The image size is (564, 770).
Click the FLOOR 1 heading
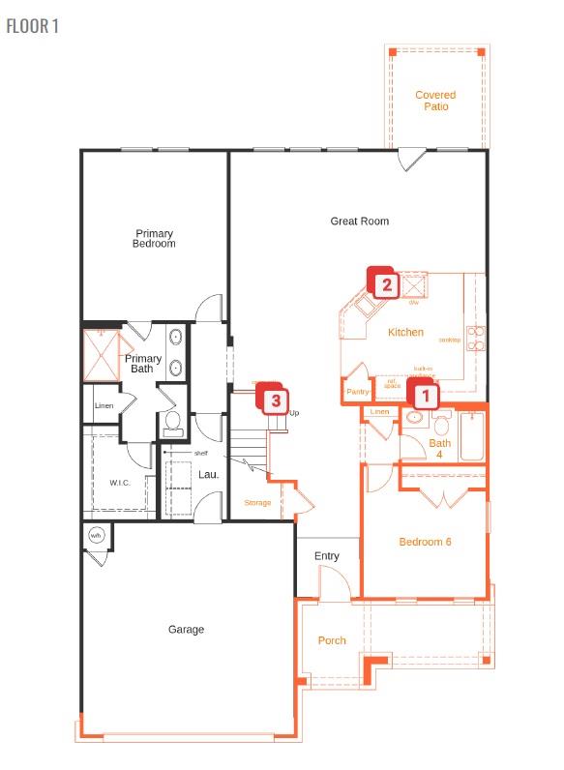(x=32, y=26)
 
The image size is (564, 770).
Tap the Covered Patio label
(x=435, y=101)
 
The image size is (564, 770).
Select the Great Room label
(x=360, y=222)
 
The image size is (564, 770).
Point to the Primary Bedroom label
(x=155, y=238)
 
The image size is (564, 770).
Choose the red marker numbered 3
(x=276, y=398)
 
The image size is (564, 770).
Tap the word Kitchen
(x=405, y=333)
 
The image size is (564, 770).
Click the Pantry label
(x=358, y=392)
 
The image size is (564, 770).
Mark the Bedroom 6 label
(x=426, y=542)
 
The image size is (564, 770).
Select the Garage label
(x=186, y=630)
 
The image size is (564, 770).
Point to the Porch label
(x=332, y=640)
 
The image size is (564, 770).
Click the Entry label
(x=327, y=556)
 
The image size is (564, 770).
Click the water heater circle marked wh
(x=96, y=536)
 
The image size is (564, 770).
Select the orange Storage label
(x=257, y=503)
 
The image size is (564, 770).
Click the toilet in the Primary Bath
(x=173, y=422)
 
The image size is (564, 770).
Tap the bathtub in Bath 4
(x=473, y=436)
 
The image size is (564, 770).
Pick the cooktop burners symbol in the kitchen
(x=476, y=338)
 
